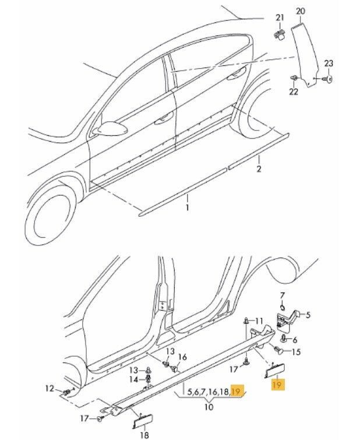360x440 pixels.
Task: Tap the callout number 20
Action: (300, 12)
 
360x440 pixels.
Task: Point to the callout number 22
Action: (293, 91)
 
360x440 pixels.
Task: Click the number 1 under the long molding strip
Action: (188, 207)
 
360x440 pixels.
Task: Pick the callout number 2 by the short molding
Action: (259, 170)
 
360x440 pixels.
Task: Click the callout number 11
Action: (260, 320)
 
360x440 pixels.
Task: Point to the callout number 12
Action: (50, 388)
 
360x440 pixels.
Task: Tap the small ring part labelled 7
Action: (281, 308)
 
